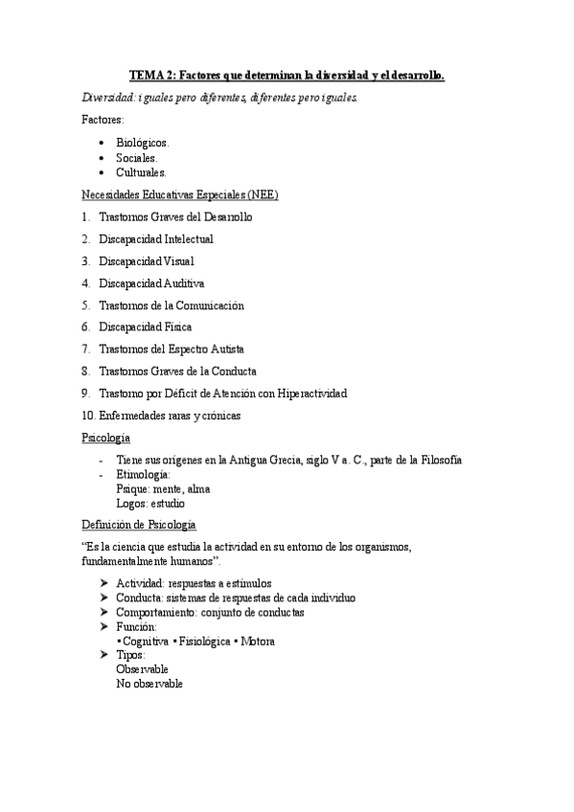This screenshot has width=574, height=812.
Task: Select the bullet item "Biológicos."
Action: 143,142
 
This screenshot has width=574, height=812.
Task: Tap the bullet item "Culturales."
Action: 141,172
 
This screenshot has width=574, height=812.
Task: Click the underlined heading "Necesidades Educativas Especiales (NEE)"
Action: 180,194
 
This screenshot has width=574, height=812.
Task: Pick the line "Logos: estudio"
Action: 150,503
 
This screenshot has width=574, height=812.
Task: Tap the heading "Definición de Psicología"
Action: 138,524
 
